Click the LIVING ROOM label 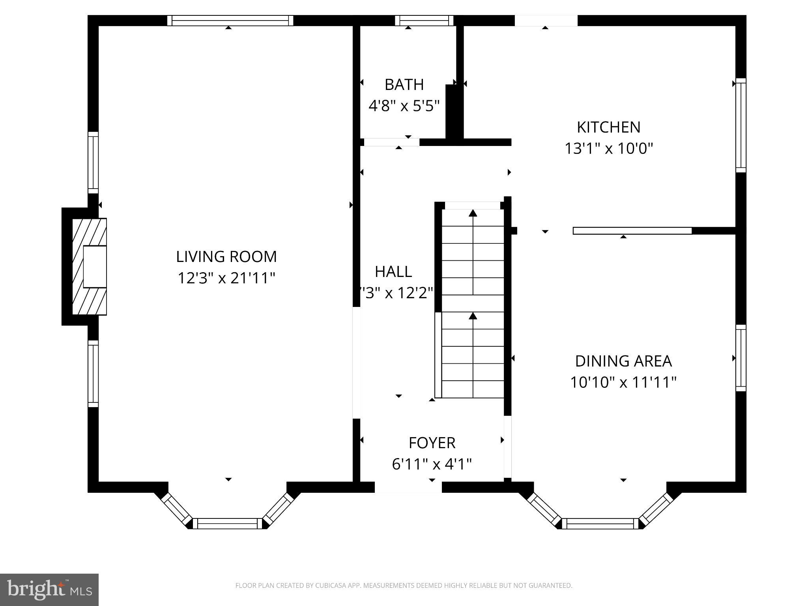tap(226, 257)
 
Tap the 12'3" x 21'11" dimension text tap(226, 278)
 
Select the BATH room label tap(404, 84)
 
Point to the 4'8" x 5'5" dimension tap(404, 106)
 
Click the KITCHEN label tap(608, 127)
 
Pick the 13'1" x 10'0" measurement tap(608, 149)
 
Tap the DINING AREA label tap(623, 361)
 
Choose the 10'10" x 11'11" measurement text tap(623, 382)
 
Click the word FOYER tap(432, 443)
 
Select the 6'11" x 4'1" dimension tap(432, 464)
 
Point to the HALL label tap(393, 271)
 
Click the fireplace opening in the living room tap(95, 267)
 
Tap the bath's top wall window tap(424, 21)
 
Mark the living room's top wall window tap(230, 21)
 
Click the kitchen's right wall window tap(741, 125)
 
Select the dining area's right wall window tap(741, 358)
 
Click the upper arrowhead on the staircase tap(473, 213)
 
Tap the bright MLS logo tap(49, 590)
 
